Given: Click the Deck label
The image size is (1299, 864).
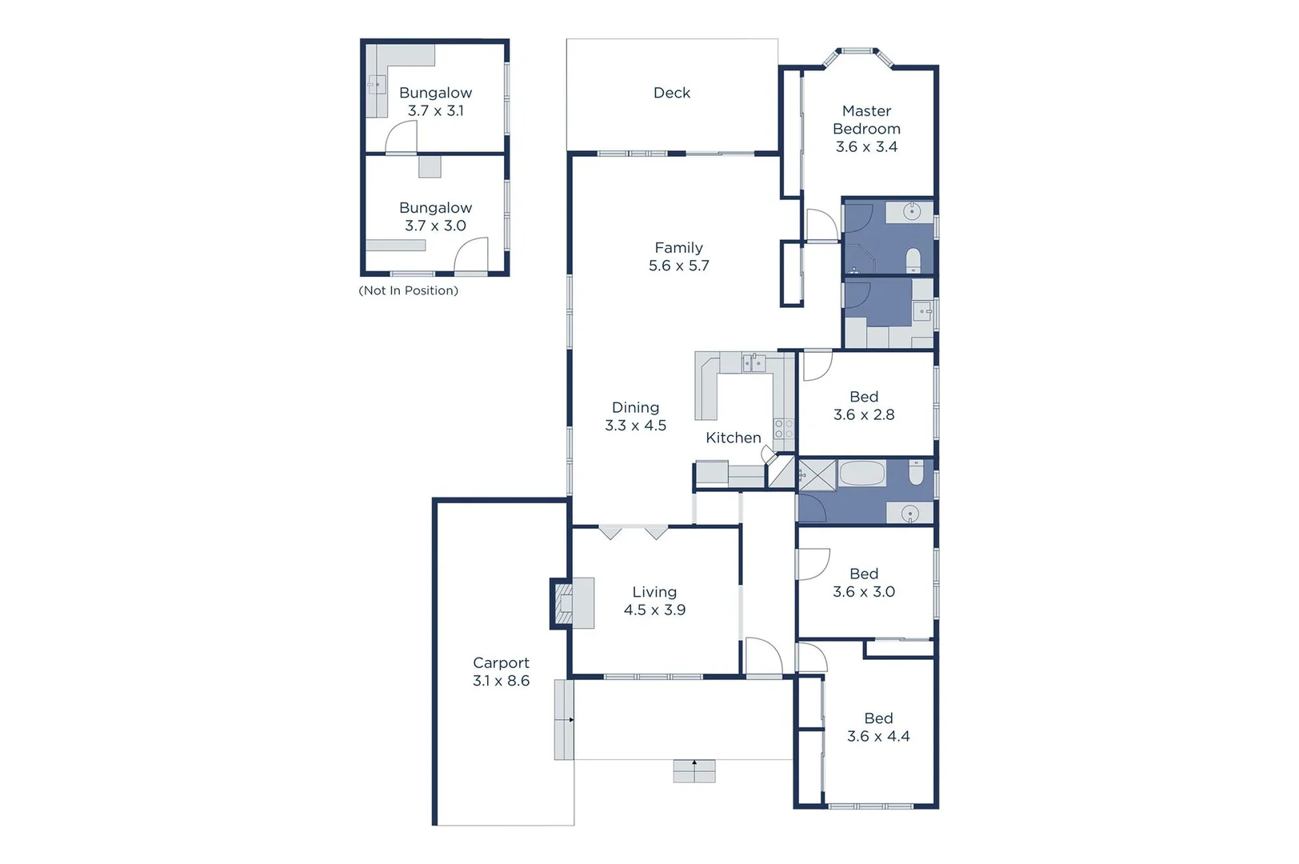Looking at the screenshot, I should (x=671, y=93).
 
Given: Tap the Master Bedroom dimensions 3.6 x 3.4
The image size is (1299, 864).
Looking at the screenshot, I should (x=866, y=147).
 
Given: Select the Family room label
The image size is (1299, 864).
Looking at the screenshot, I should (x=678, y=248).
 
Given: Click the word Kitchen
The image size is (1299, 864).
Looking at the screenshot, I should (x=733, y=438).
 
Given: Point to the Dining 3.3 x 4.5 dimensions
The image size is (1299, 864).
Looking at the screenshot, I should (x=635, y=426).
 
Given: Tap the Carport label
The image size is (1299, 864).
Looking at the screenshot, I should (x=501, y=662).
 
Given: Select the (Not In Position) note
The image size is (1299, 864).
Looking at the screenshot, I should (x=408, y=290).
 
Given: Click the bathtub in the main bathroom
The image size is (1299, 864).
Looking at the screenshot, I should (x=861, y=474).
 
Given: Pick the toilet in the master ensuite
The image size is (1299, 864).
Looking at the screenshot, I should (x=913, y=260).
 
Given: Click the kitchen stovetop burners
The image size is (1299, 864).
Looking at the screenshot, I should (x=784, y=429).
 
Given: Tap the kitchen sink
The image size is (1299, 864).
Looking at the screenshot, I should (x=753, y=363).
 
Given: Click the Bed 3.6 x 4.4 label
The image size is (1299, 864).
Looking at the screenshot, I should (x=878, y=727).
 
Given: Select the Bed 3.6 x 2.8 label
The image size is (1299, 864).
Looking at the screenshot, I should (x=864, y=406).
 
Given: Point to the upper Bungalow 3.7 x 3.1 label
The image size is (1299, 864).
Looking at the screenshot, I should (x=435, y=102).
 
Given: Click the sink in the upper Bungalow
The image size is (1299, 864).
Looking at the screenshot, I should (x=377, y=84).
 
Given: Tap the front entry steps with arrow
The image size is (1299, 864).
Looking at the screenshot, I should (x=693, y=771).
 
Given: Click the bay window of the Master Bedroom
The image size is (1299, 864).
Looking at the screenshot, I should (x=857, y=53).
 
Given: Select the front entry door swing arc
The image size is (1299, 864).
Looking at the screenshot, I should (x=763, y=656).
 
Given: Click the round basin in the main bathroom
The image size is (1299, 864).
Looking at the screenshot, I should (x=909, y=514).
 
